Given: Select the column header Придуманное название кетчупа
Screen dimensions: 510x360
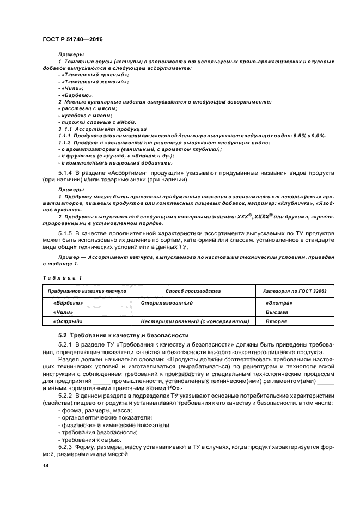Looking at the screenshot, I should point(87,292).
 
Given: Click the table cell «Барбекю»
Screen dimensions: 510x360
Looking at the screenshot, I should point(68,302).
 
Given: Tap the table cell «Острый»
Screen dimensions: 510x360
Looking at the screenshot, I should point(67,322).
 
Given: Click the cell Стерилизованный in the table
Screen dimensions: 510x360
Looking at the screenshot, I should point(165,302).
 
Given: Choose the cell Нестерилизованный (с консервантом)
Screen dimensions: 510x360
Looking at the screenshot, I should point(194,322).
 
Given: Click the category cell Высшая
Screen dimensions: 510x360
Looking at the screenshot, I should point(277,312).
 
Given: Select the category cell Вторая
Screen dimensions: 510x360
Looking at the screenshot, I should point(276,322).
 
